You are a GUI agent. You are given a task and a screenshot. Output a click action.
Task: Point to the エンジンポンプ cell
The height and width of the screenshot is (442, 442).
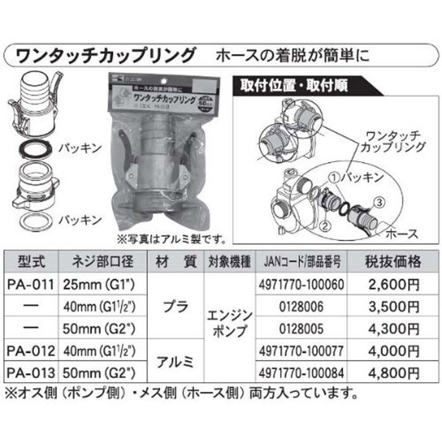coord(229,324)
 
